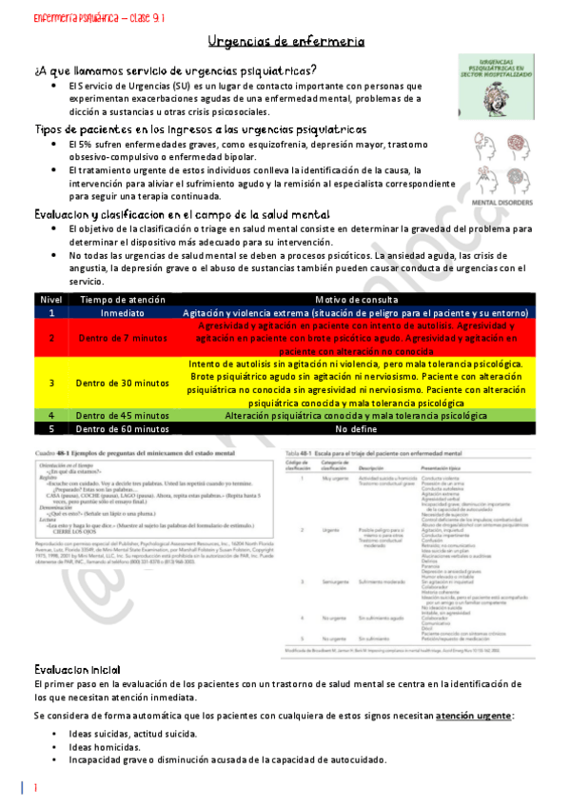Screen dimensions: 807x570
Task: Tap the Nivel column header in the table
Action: coord(50,300)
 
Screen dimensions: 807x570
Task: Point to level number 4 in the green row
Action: coord(51,415)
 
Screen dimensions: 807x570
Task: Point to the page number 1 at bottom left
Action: coord(34,789)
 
